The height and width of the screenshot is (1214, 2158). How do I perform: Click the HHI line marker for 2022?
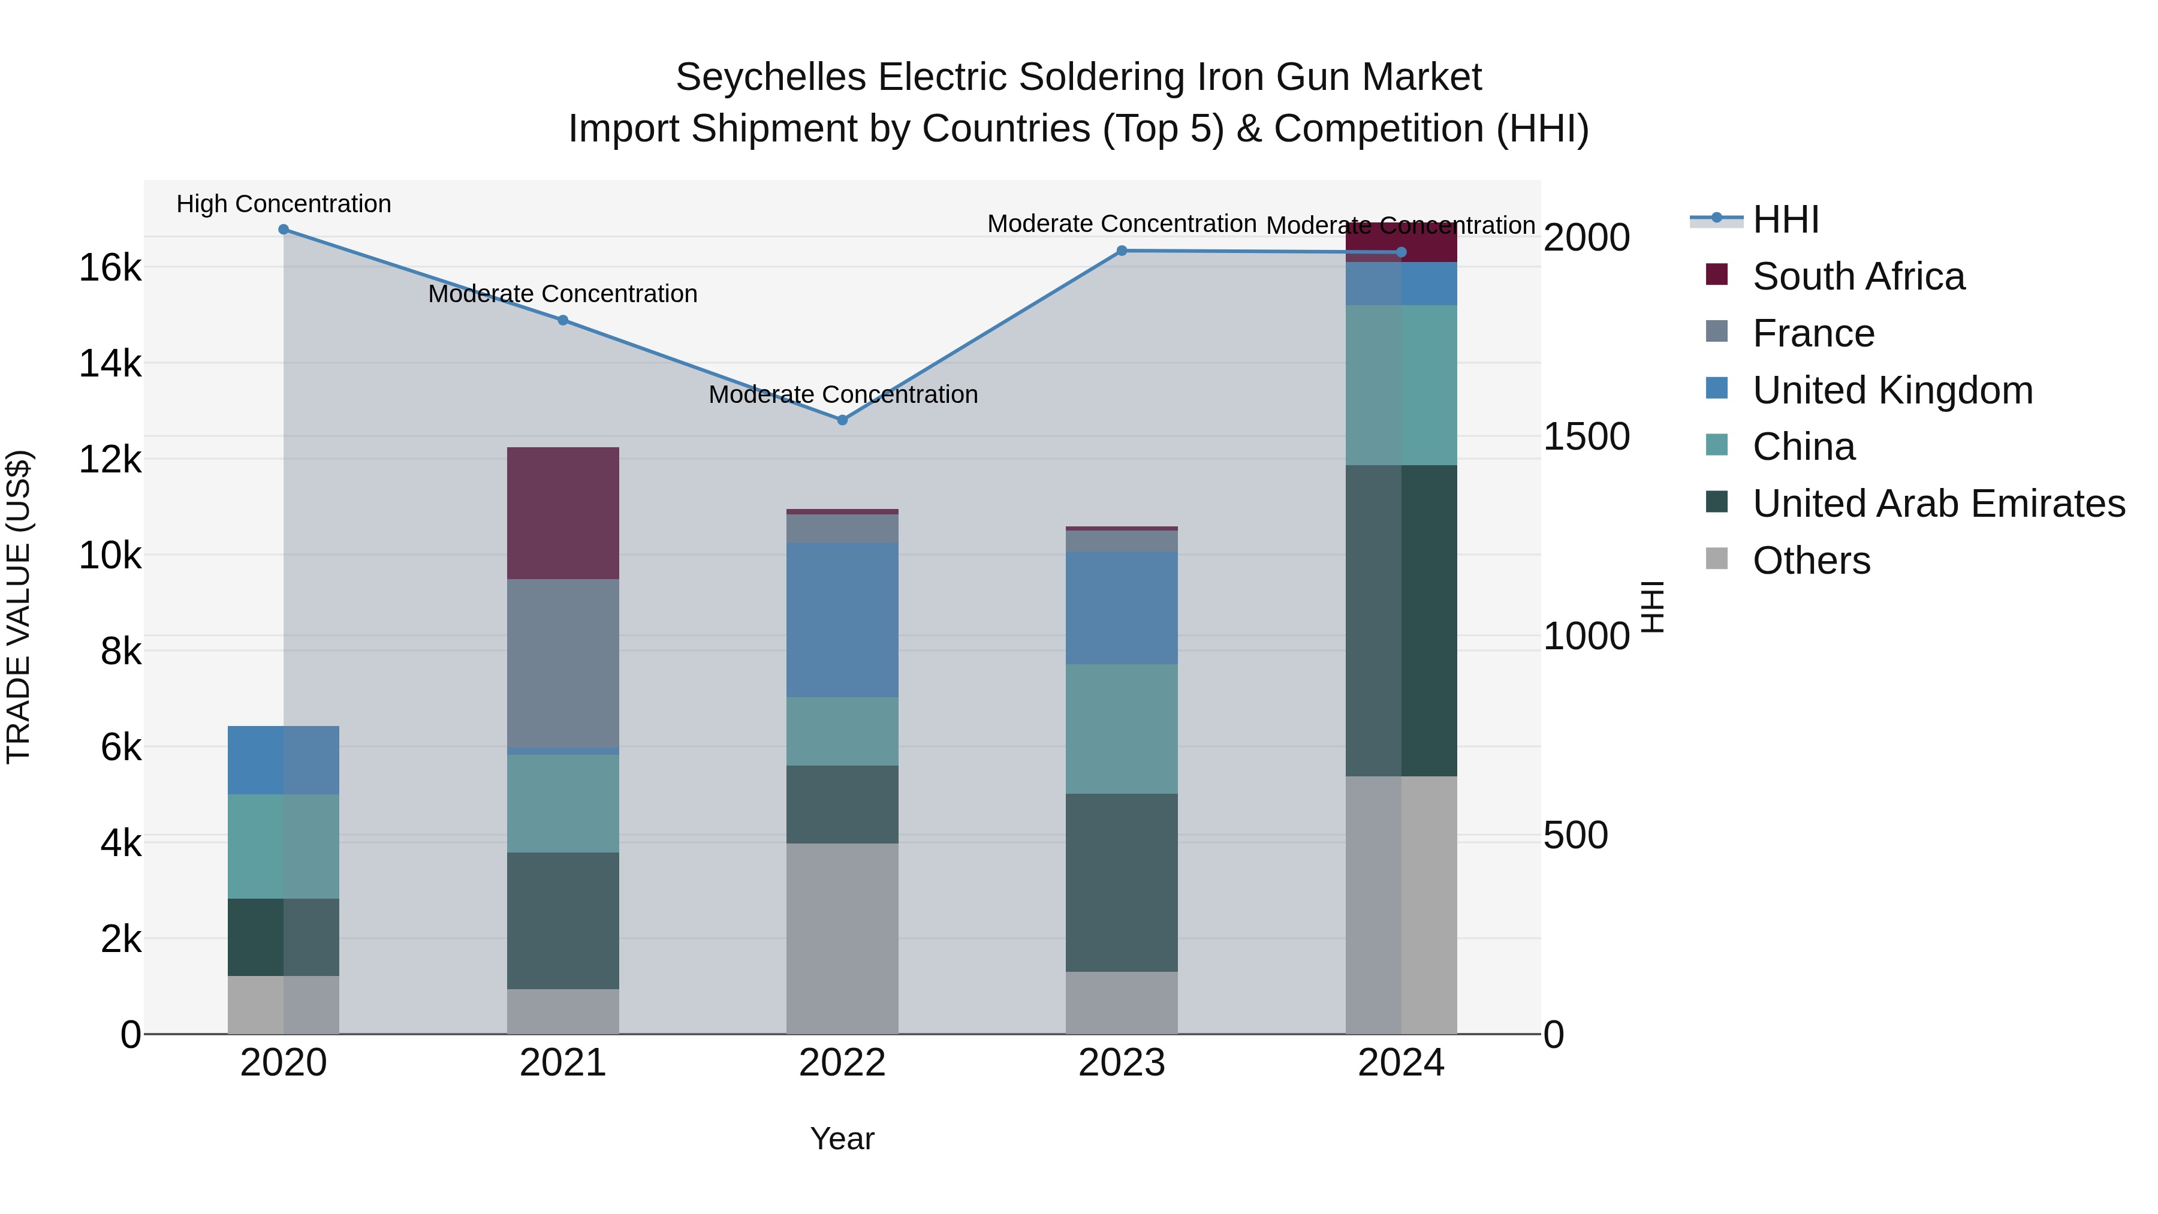tap(843, 420)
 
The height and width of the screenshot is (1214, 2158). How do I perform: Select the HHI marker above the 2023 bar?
tap(1122, 251)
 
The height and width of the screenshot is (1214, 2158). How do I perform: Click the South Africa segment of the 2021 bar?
tap(563, 513)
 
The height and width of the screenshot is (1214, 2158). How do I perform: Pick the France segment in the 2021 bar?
tap(563, 662)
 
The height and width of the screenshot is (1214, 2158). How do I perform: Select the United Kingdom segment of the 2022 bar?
tap(843, 619)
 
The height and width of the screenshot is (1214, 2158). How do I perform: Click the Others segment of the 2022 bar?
tap(843, 938)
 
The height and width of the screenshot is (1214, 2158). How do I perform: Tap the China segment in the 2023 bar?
tap(1122, 729)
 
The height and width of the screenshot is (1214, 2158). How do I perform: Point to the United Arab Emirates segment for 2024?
tap(1401, 620)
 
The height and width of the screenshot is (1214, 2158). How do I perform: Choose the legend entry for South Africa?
tap(1858, 276)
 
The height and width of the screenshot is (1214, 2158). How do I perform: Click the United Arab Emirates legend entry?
tap(1939, 504)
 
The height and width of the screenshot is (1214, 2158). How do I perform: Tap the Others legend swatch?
tap(1717, 559)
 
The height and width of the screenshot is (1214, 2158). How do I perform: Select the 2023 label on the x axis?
tap(1122, 1063)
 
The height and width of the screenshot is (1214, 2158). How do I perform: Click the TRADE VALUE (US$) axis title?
tap(19, 607)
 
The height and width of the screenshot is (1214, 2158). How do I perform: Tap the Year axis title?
tap(842, 1138)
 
